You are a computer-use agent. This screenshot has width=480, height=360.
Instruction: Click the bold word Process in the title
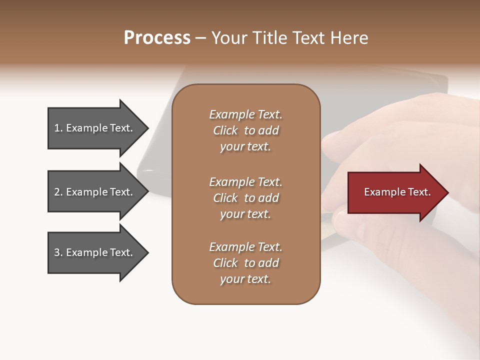tap(157, 38)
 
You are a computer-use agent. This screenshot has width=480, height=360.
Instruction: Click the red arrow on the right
tap(395, 192)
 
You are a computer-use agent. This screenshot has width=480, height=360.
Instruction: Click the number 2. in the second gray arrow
tap(58, 192)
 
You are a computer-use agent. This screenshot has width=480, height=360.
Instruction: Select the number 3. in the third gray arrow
tap(58, 253)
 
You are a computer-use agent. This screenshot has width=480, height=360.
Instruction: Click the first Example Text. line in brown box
tap(245, 114)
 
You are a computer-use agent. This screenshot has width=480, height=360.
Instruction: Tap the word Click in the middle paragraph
tap(225, 198)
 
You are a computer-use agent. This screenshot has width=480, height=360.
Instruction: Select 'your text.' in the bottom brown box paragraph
tap(245, 279)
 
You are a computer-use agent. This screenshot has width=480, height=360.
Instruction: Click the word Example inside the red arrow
tap(382, 192)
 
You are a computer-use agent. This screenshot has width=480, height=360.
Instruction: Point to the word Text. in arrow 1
tap(121, 128)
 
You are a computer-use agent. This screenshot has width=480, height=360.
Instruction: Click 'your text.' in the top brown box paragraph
tap(245, 147)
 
